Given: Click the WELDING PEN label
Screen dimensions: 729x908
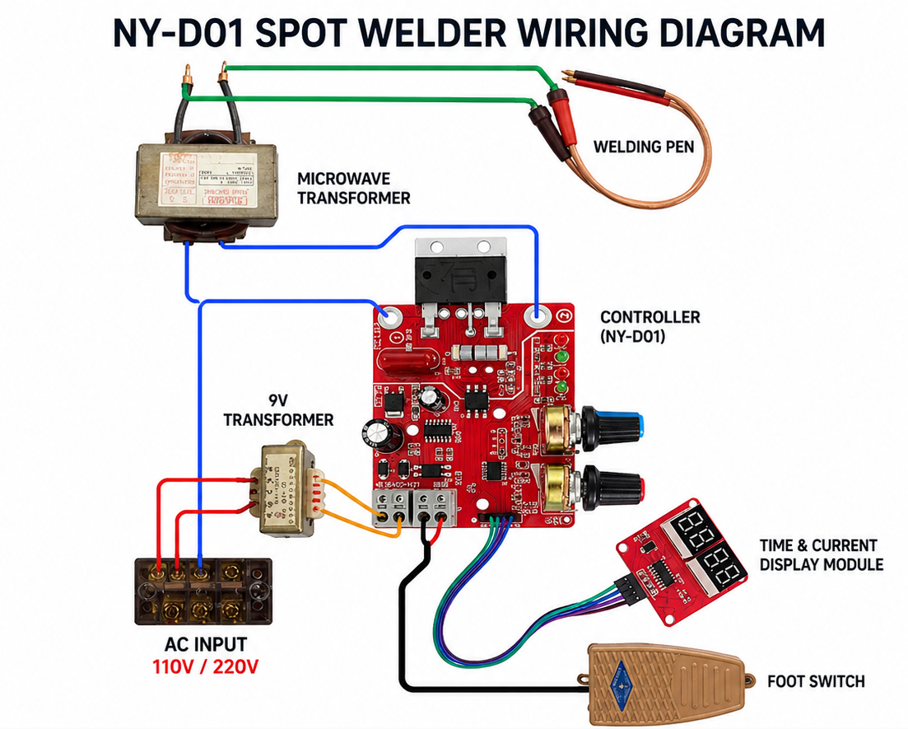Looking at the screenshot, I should (x=643, y=147).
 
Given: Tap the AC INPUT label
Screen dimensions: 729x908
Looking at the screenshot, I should (x=206, y=644).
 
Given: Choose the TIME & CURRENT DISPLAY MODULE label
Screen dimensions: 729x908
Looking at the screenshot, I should (x=821, y=554).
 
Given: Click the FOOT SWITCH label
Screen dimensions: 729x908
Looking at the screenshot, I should (x=816, y=681).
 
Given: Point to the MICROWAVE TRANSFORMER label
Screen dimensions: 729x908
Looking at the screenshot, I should (x=353, y=188).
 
